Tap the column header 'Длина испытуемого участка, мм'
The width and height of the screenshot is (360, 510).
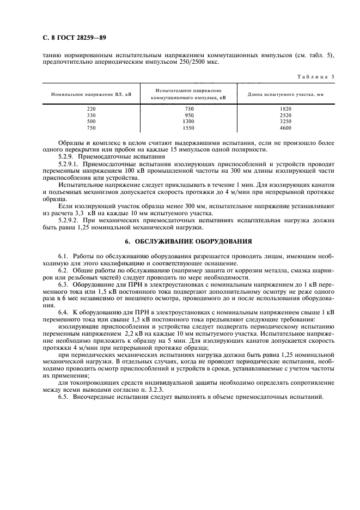click(285, 94)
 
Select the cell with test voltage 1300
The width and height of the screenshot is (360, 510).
click(189, 122)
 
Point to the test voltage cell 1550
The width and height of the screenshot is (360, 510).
click(189, 128)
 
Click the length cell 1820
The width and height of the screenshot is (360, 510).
click(285, 109)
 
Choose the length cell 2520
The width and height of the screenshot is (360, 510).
click(285, 116)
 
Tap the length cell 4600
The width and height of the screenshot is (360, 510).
click(285, 128)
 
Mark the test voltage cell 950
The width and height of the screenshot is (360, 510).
click(189, 116)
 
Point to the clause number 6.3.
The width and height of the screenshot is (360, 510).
click(63, 284)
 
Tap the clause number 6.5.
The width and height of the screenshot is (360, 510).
click(63, 397)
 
